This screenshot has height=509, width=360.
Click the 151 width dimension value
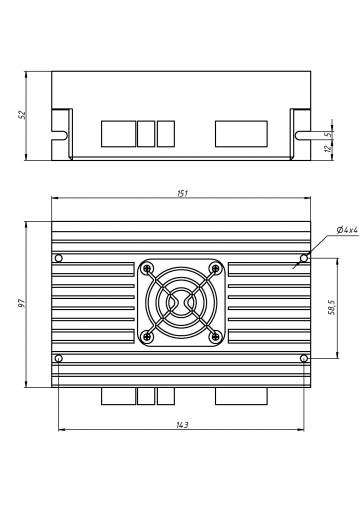click(x=182, y=193)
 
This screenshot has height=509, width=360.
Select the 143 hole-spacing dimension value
click(x=182, y=425)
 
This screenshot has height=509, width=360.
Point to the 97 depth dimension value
click(x=21, y=303)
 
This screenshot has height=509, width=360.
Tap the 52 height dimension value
click(x=22, y=115)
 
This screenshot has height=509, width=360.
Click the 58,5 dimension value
click(x=331, y=307)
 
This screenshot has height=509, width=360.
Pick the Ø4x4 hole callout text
click(x=347, y=230)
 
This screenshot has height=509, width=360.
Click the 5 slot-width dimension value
click(x=329, y=134)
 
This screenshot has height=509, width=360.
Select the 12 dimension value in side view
click(x=329, y=148)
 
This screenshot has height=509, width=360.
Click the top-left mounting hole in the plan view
click(x=59, y=258)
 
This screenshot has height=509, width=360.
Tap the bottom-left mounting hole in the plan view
click(x=59, y=358)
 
